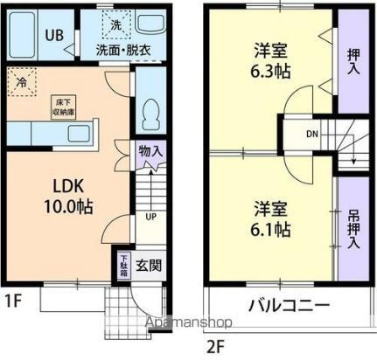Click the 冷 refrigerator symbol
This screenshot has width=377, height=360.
20,82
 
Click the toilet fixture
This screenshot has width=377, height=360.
151,112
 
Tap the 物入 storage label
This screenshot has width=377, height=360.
150,151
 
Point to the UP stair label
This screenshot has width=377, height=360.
150,217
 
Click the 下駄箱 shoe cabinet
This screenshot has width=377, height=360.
125,265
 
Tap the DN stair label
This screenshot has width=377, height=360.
311,134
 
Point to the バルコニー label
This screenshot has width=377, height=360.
288,306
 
